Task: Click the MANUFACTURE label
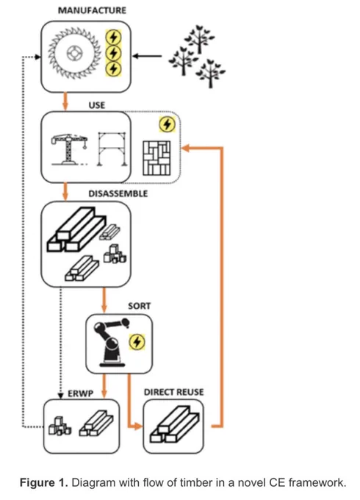tap(92, 10)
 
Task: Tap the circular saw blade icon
tap(74, 53)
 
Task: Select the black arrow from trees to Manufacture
tap(147, 56)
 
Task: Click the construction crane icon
tap(69, 149)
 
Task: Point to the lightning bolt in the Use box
tap(167, 124)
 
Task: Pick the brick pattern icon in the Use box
tap(156, 158)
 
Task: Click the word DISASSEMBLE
tap(118, 194)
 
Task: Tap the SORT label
tap(139, 306)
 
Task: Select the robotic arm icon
tap(111, 342)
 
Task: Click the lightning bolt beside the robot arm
tap(137, 342)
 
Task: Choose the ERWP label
tap(80, 394)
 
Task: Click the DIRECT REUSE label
tap(173, 392)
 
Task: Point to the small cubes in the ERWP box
tap(60, 426)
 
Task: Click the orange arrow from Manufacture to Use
tap(65, 101)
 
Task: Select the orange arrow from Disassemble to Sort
tap(104, 300)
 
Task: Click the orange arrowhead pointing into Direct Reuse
tap(138, 426)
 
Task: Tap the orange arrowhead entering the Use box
tap(185, 148)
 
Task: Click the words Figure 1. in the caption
tap(44, 482)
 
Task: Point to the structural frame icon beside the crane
tap(112, 149)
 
